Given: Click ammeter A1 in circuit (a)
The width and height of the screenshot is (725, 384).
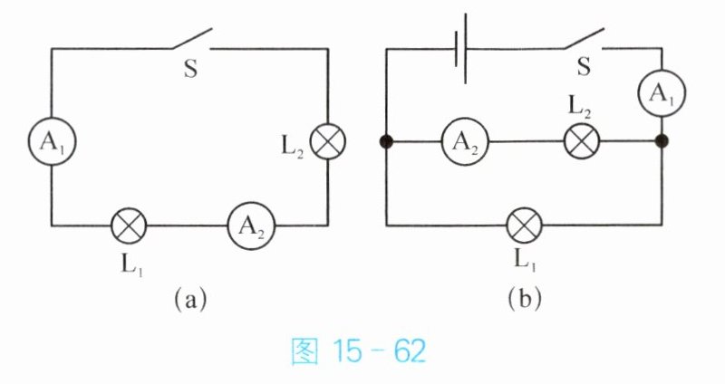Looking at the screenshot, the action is (x=52, y=141).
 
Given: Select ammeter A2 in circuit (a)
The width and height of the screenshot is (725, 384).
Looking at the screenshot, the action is (x=251, y=226).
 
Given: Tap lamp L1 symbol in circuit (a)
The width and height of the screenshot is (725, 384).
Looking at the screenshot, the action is (x=129, y=226).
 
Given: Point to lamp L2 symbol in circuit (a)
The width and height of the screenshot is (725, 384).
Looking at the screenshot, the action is (x=328, y=141).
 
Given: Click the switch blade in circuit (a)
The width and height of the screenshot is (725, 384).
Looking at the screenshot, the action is (x=192, y=38).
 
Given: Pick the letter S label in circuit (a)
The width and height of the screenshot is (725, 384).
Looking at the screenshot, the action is (x=190, y=69).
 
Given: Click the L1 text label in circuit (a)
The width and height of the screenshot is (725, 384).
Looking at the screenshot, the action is (x=132, y=265).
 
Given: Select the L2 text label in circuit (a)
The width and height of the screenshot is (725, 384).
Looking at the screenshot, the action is (x=293, y=148).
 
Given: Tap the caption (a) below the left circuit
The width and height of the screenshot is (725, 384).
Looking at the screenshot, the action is (x=190, y=301).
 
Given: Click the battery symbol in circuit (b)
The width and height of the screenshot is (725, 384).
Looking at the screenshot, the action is (x=461, y=49).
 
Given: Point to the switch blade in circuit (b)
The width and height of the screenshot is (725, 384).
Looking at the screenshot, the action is (x=584, y=38).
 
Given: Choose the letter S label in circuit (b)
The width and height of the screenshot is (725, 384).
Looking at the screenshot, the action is (x=584, y=67).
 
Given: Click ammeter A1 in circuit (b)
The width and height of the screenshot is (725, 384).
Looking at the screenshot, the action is (x=662, y=93).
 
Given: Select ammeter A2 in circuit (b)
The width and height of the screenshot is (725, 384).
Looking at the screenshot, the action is (x=465, y=141).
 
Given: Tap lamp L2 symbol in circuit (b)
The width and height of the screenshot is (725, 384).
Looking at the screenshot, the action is (x=582, y=141).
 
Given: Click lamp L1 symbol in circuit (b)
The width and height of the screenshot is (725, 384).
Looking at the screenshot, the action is (x=525, y=226).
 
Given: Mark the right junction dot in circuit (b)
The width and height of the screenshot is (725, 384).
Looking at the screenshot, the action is (x=662, y=141).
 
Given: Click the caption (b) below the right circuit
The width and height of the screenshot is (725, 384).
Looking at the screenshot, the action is (x=525, y=301).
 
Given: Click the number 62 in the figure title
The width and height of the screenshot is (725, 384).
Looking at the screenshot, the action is (x=410, y=351).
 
